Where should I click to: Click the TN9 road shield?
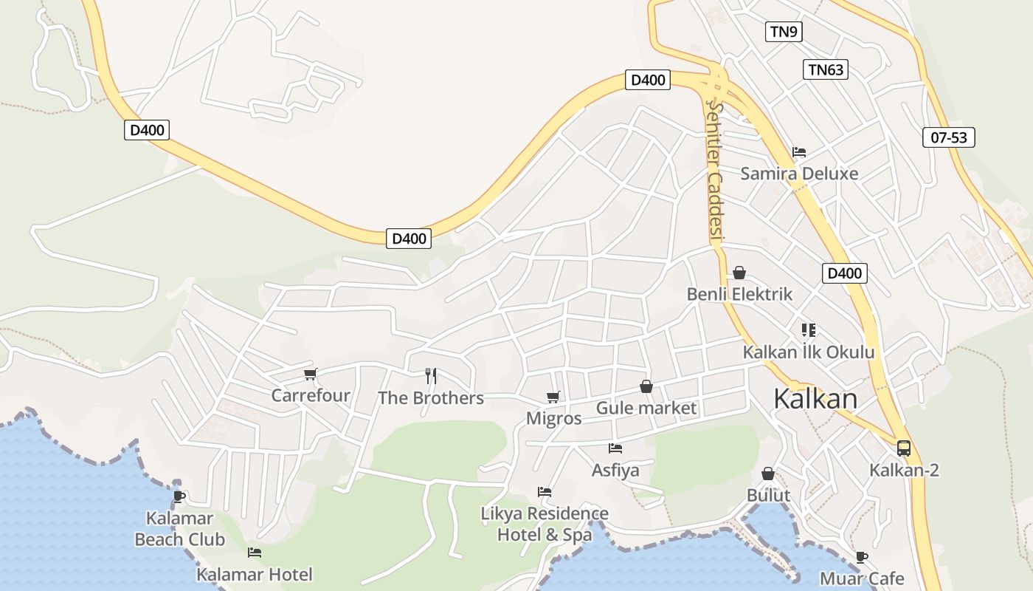tap(783, 31)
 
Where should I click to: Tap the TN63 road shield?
tap(825, 69)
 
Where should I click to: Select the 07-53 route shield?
tap(948, 137)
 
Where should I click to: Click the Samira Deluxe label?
tap(799, 174)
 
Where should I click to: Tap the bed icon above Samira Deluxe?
tap(799, 152)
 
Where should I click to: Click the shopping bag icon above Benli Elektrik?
tap(739, 273)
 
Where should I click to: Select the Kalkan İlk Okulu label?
tap(808, 352)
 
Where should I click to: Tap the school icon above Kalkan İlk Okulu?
tap(808, 329)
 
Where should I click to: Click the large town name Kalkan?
tap(815, 399)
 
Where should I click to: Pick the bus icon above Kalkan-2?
tap(904, 448)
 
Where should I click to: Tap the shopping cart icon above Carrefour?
tap(310, 374)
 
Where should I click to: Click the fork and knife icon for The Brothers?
tap(431, 376)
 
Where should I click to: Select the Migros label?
tap(553, 418)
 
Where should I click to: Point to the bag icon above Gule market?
tap(646, 386)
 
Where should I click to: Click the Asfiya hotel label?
tap(615, 470)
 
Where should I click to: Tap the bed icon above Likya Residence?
tap(545, 491)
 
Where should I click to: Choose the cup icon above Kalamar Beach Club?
tap(179, 496)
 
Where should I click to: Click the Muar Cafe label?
tap(862, 578)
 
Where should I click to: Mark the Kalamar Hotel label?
tap(255, 574)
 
